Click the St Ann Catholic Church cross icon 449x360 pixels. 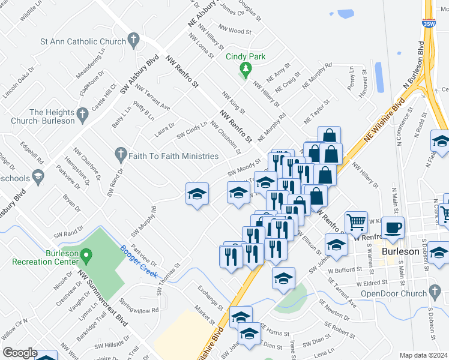pyautogui.click(x=133, y=41)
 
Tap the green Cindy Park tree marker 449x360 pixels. pyautogui.click(x=244, y=68)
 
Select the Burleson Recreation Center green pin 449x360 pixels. pyautogui.click(x=86, y=256)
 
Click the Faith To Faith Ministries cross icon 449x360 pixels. pyautogui.click(x=121, y=155)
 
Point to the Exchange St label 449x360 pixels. pyautogui.click(x=210, y=294)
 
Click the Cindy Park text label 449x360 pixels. pyautogui.click(x=245, y=57)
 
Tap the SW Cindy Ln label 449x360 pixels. pyautogui.click(x=191, y=130)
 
